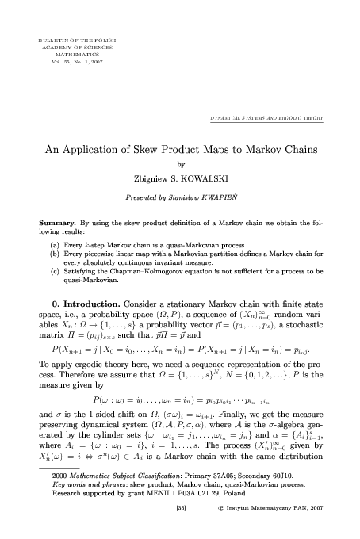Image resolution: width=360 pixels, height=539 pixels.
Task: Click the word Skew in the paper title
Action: click(x=147, y=148)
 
